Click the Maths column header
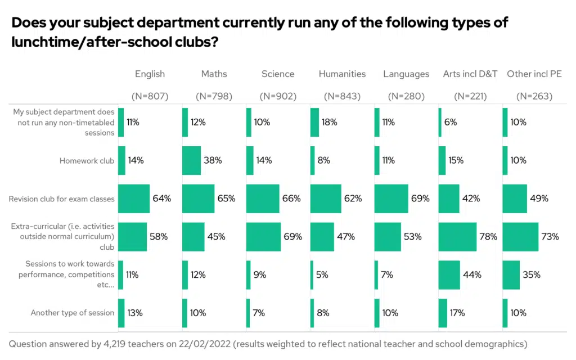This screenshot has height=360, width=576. pos(214,74)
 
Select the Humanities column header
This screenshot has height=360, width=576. pos(342,74)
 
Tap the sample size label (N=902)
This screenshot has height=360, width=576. pos(278,96)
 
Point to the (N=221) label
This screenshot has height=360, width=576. pos(470,96)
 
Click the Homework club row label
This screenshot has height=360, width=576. pos(87,161)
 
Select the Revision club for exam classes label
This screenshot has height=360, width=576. pos(61,199)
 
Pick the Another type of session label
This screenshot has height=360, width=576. pos(73,313)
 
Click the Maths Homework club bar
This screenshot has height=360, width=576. pos(191,160)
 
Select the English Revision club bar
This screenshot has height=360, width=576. pos(134,199)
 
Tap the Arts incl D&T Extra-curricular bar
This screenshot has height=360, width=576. pos(457,237)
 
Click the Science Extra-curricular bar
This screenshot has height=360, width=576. pos(263,237)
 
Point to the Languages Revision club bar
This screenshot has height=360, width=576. pos(391,199)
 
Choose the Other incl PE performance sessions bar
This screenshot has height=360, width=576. pos(511,274)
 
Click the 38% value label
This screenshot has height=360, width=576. pos(213,160)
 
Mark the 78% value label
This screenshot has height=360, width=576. pos(488,237)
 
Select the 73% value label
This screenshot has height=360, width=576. pos(550,237)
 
